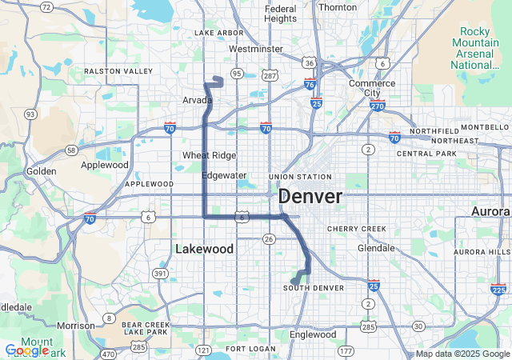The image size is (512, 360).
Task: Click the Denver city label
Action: (310, 196)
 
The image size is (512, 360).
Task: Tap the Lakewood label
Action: (204, 249)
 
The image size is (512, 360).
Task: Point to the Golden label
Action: (41, 171)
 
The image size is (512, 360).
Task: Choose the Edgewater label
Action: (223, 174)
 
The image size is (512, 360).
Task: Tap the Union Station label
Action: (300, 177)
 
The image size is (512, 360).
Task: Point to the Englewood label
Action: (313, 334)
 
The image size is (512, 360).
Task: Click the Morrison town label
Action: (76, 326)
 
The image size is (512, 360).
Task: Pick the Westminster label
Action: (255, 49)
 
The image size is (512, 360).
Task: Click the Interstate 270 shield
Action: (378, 105)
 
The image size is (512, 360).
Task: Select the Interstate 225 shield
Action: (499, 290)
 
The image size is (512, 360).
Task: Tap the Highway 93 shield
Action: (30, 114)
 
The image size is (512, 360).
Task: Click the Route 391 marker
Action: (161, 274)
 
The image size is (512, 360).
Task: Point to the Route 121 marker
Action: (203, 350)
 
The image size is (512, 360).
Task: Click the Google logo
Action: (26, 350)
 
